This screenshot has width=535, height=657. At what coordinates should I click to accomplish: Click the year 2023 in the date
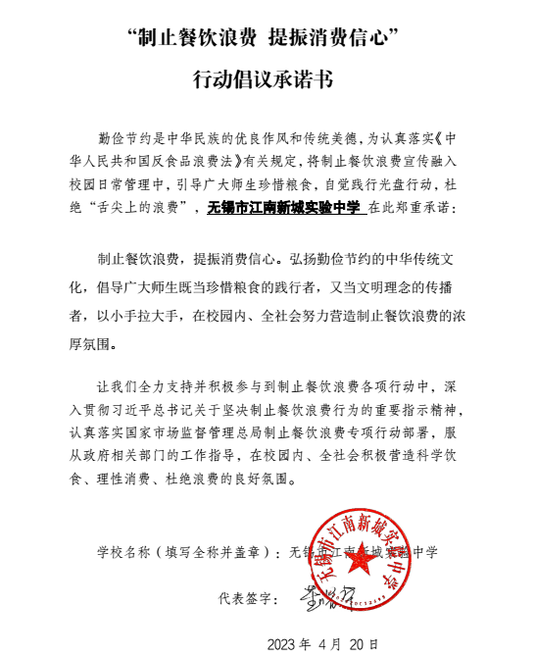(286, 643)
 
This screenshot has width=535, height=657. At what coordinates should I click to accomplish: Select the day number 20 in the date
(367, 643)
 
